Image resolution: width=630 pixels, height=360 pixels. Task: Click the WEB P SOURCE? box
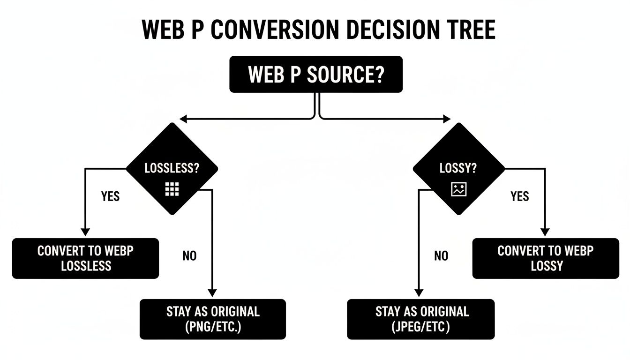(315, 74)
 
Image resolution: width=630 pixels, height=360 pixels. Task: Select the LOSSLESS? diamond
(172, 169)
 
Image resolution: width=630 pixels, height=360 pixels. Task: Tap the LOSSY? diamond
(458, 169)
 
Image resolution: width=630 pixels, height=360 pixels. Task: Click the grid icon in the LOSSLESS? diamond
(172, 189)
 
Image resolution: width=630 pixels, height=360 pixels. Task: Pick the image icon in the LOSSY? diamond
(458, 189)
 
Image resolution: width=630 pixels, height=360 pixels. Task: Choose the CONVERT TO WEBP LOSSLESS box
(85, 258)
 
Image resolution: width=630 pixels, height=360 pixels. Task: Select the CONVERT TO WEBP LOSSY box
(546, 258)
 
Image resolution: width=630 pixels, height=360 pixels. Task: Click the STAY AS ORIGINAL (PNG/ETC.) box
(212, 319)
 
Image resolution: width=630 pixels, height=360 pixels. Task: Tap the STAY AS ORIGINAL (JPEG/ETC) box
(420, 319)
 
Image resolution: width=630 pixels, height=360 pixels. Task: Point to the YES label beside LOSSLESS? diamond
(111, 196)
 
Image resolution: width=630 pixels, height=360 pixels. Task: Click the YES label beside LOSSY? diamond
(519, 196)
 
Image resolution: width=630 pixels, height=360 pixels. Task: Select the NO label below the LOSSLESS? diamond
(189, 256)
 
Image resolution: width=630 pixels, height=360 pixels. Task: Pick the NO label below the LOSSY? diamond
(441, 256)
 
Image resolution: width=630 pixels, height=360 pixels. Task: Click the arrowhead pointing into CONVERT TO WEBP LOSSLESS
(85, 232)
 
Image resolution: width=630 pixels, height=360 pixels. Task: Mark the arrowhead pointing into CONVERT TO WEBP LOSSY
(545, 232)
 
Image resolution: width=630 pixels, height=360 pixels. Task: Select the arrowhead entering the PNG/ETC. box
(212, 293)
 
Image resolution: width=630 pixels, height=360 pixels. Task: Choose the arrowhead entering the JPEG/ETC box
(417, 293)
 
